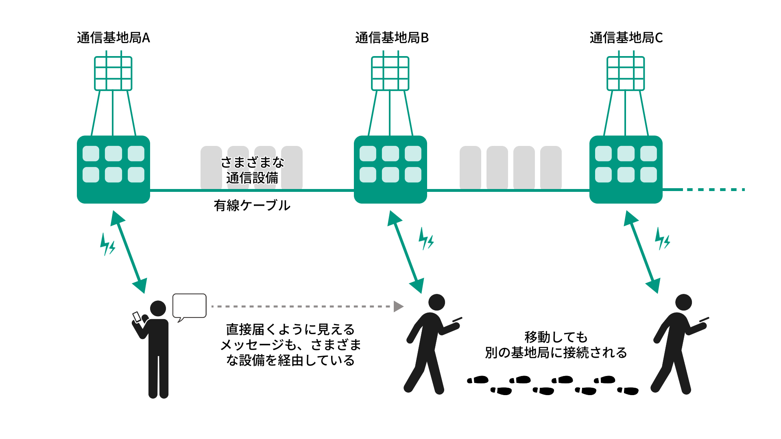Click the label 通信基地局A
[x=113, y=38]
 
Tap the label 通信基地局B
[x=392, y=38]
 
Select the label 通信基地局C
[x=626, y=38]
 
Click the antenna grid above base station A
[x=113, y=73]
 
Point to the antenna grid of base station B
[x=390, y=73]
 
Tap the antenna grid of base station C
[x=626, y=73]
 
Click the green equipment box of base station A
[x=113, y=170]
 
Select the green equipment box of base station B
[x=390, y=170]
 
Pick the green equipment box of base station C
[x=626, y=170]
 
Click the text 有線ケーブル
[x=252, y=205]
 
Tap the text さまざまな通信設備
[x=252, y=170]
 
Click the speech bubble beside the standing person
[x=190, y=306]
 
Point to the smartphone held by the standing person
[x=137, y=316]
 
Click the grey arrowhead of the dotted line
[x=398, y=306]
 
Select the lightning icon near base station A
[x=107, y=244]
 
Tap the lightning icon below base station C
[x=662, y=239]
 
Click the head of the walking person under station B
[x=436, y=302]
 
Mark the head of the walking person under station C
[x=683, y=302]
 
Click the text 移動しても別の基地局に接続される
[x=556, y=345]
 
